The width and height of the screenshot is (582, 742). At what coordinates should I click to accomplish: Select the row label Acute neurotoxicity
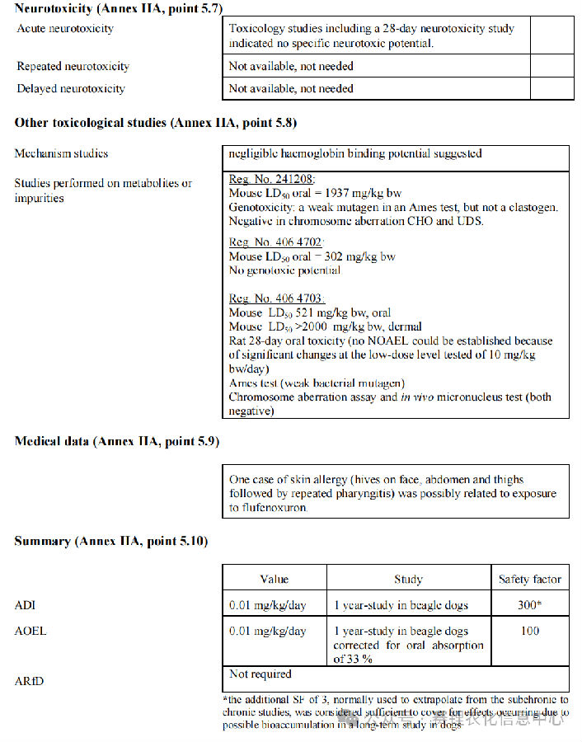pyautogui.click(x=65, y=29)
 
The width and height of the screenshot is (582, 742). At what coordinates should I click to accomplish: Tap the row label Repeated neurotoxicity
pyautogui.click(x=73, y=66)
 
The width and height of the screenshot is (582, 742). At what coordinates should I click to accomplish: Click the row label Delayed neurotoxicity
pyautogui.click(x=71, y=88)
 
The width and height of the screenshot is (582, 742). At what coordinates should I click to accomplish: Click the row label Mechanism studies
pyautogui.click(x=61, y=153)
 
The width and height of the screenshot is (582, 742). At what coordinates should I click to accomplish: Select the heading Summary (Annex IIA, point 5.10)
pyautogui.click(x=111, y=541)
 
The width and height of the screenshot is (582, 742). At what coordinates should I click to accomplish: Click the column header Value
pyautogui.click(x=274, y=580)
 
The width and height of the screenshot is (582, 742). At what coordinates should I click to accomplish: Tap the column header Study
pyautogui.click(x=408, y=580)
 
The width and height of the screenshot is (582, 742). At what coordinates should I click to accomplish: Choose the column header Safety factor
pyautogui.click(x=529, y=580)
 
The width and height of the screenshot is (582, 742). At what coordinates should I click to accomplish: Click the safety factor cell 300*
pyautogui.click(x=530, y=605)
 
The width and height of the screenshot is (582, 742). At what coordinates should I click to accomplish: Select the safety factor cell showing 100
pyautogui.click(x=530, y=631)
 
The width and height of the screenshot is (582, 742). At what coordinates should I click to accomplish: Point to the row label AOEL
pyautogui.click(x=31, y=631)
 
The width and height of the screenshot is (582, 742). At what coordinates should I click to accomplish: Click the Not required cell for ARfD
pyautogui.click(x=260, y=674)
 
